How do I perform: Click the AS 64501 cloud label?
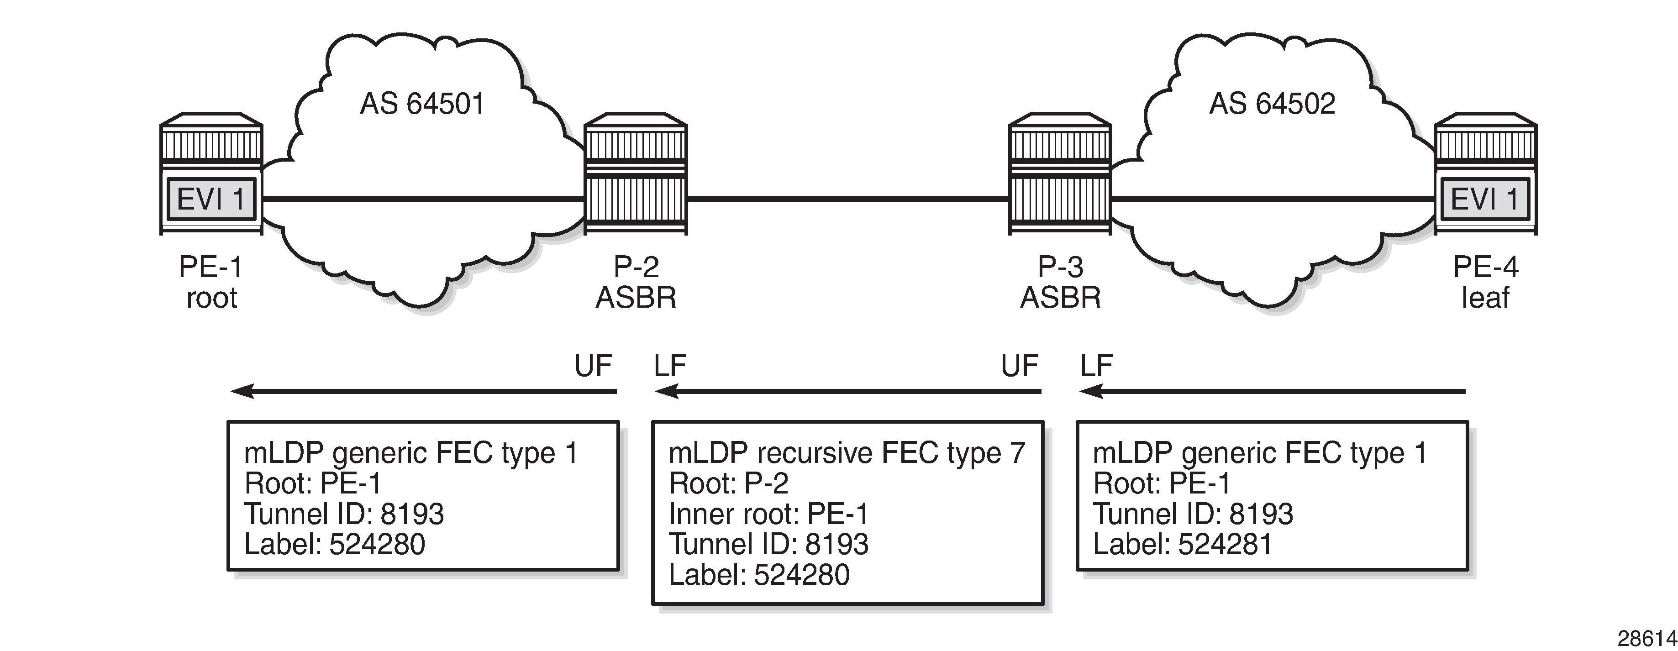422,104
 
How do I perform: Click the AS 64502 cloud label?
1272,104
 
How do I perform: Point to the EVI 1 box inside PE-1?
211,199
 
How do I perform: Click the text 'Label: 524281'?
1182,544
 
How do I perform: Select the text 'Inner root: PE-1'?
768,514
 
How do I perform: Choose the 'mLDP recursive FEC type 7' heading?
847,453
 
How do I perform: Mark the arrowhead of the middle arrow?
666,392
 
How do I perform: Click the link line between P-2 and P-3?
847,199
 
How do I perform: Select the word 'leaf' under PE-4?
1485,298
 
